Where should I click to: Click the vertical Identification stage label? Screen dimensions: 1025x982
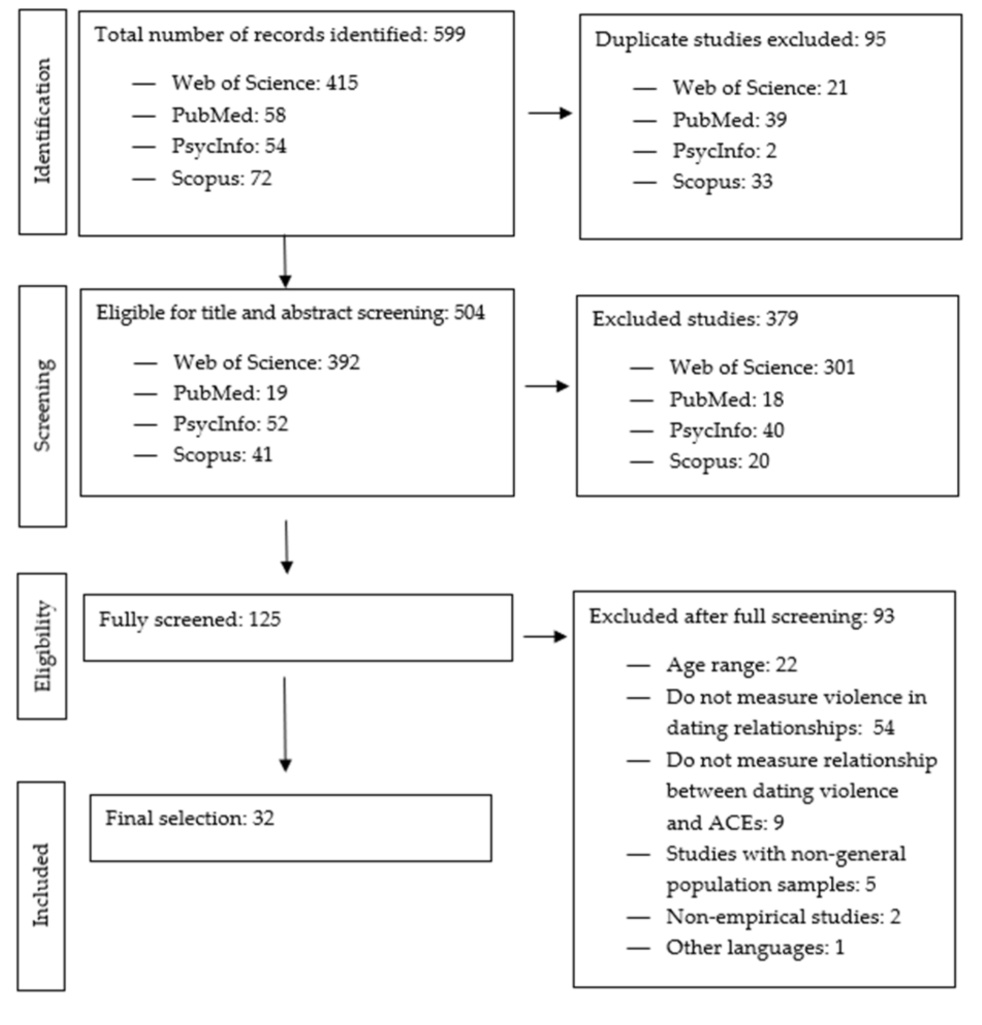(42, 121)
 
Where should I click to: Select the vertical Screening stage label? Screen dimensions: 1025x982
(42, 405)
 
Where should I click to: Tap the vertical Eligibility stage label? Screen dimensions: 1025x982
(42, 646)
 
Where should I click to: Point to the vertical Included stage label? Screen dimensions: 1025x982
(41, 885)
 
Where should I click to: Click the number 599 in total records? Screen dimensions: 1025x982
(449, 35)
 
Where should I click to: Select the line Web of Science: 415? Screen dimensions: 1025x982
(264, 83)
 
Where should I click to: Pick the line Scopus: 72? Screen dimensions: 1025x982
(221, 179)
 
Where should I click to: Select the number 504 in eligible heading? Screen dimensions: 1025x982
(469, 313)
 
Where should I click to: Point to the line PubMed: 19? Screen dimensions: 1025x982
(230, 393)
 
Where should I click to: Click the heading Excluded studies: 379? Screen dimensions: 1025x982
(695, 318)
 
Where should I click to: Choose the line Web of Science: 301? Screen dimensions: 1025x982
(762, 367)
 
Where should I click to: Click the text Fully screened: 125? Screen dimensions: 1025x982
(190, 619)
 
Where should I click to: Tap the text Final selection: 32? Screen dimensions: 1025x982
(190, 818)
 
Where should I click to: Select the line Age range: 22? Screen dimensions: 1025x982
(731, 665)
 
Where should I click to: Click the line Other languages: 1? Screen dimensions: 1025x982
(754, 947)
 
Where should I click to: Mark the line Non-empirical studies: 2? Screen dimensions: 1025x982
(783, 916)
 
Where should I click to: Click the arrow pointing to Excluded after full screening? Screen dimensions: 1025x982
(545, 636)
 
